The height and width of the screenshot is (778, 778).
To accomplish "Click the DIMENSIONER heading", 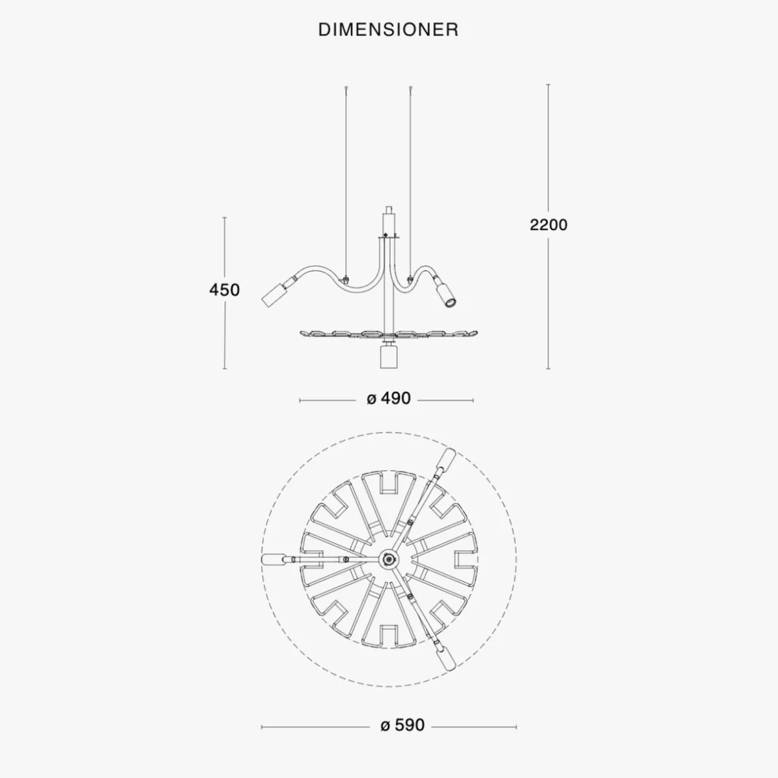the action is pyautogui.click(x=388, y=30).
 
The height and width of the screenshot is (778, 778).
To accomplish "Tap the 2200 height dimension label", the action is pyautogui.click(x=548, y=225).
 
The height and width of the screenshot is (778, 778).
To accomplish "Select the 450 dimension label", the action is pyautogui.click(x=224, y=290).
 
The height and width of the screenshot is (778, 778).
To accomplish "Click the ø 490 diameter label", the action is pyautogui.click(x=388, y=399).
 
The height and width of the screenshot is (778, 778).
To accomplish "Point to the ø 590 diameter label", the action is pyautogui.click(x=402, y=725).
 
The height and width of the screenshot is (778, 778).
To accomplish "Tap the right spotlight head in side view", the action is pyautogui.click(x=446, y=295).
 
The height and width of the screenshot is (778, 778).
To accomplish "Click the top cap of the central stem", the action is pyautogui.click(x=388, y=210).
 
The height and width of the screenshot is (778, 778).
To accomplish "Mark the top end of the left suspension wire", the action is pyautogui.click(x=347, y=88).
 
